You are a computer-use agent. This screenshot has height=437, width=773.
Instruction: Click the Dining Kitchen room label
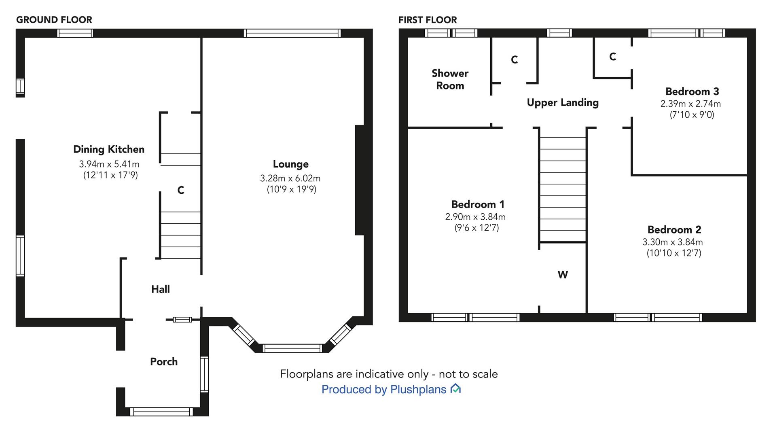coord(109,149)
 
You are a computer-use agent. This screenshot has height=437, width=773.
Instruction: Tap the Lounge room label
coord(290,164)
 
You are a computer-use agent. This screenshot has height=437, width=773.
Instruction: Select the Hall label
coord(161,289)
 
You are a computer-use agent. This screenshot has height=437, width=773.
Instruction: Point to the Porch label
coord(164,361)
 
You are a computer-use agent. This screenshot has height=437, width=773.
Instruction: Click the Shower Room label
coord(450,79)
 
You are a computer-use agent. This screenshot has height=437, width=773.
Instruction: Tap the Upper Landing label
coord(563,103)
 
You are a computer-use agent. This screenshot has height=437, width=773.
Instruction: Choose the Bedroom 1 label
coord(478,204)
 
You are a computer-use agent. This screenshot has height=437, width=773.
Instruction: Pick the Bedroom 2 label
coord(674,230)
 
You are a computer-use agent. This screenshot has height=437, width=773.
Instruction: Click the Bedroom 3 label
coord(692,91)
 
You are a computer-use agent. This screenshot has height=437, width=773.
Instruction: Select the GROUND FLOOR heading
coord(54,20)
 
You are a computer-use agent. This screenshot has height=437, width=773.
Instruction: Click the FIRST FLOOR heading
coord(428,20)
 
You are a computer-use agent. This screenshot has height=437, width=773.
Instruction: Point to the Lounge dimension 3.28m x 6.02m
coord(290,178)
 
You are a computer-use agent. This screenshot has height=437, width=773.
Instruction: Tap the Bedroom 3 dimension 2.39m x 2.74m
coord(690,104)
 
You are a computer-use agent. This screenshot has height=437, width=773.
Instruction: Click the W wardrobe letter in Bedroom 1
coord(563,275)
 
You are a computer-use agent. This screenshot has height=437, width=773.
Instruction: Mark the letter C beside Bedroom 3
coord(613,57)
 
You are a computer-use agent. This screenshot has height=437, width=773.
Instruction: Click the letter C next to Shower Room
coord(515,60)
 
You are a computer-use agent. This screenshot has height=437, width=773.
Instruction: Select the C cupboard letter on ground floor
coord(181,190)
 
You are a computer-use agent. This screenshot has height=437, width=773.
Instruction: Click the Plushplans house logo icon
coord(456,388)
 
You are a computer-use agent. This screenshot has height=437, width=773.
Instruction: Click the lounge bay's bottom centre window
coord(292,348)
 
